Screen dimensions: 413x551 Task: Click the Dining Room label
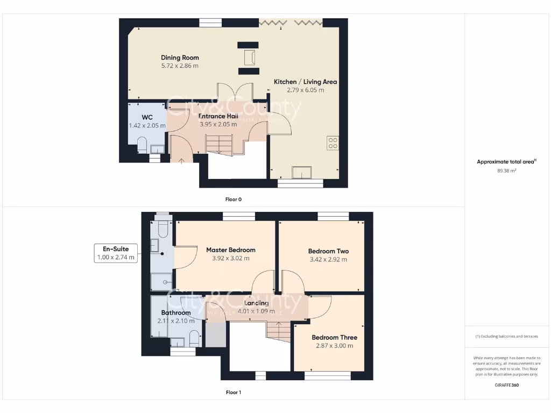(x=180, y=58)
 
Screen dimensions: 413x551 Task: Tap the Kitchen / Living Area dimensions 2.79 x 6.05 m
(x=305, y=90)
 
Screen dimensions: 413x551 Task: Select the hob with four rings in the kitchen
(x=333, y=143)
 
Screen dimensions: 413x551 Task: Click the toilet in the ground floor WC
(x=143, y=145)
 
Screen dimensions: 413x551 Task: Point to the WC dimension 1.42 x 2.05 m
(x=147, y=126)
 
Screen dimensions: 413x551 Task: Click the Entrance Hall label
(x=218, y=116)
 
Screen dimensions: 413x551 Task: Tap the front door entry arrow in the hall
(x=181, y=159)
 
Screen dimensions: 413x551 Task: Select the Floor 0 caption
(x=233, y=200)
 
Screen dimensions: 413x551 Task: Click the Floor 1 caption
(x=233, y=393)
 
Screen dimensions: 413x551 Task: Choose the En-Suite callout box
(x=115, y=253)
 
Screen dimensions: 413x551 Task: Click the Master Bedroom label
(x=230, y=250)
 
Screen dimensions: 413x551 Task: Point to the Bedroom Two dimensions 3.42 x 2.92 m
(x=328, y=259)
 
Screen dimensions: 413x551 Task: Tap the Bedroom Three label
(x=334, y=338)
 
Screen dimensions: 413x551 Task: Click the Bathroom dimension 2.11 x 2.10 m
(x=175, y=321)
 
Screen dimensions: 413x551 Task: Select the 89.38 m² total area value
(x=507, y=170)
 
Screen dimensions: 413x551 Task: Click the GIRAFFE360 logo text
(x=507, y=385)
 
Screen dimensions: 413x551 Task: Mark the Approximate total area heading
(x=507, y=162)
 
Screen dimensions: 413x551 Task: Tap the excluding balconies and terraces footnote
(x=507, y=337)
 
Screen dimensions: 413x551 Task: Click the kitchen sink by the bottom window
(x=301, y=172)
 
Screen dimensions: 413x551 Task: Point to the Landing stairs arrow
(x=278, y=324)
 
